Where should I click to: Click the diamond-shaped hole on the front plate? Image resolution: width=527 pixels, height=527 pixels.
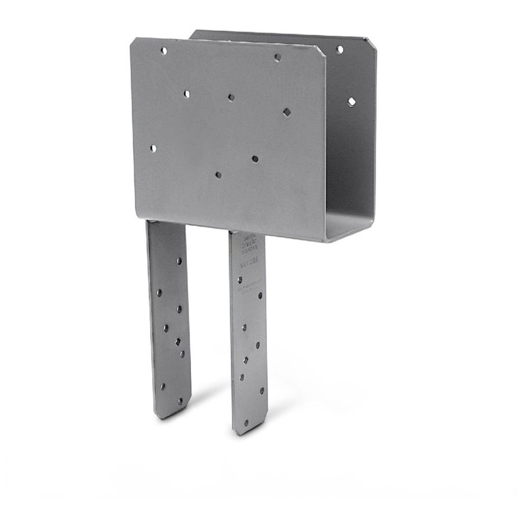tap(287, 113)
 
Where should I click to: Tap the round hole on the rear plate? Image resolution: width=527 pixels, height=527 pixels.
tap(340, 49)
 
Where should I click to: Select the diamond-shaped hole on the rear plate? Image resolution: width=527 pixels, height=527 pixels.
tap(351, 101)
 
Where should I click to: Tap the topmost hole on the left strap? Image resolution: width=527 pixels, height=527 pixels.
tap(179, 261)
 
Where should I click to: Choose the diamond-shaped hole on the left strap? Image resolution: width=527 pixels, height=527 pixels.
tap(178, 341)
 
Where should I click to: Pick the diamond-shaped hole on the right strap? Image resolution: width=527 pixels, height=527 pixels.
tap(246, 360)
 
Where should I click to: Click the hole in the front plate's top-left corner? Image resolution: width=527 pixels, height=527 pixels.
tap(163, 51)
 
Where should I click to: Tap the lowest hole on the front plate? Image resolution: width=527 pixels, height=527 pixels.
tap(218, 175)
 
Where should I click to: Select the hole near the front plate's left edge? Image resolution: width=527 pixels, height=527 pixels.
tap(153, 148)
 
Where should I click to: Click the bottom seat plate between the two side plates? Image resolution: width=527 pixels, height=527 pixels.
tap(349, 227)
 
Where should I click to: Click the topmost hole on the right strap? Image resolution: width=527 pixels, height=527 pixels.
tap(240, 279)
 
